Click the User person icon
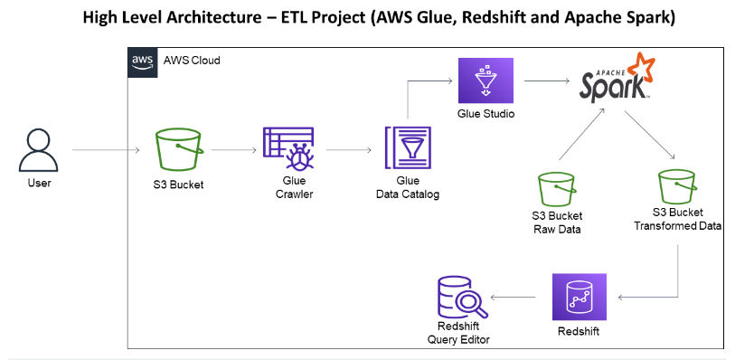pos(39,148)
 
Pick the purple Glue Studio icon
pos(486,81)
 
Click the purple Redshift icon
pos(579,297)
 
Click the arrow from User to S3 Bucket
pos(108,149)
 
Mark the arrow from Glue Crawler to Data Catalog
pos(348,150)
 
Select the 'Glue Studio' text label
pos(486,114)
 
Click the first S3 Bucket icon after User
pos(177,148)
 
